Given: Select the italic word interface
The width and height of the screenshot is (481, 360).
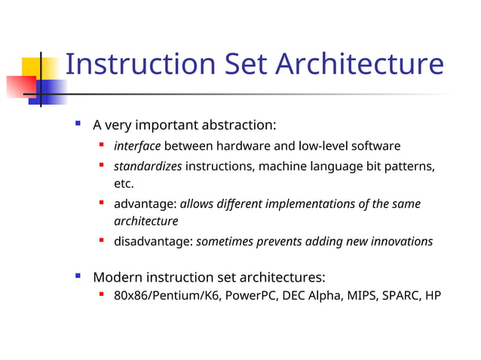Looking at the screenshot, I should coord(137,145).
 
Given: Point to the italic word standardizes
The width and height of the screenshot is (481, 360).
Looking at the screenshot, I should coord(148,166).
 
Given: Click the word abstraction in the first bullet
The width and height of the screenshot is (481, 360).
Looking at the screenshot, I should coord(239,124).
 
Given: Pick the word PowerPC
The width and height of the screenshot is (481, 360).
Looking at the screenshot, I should coord(252,295).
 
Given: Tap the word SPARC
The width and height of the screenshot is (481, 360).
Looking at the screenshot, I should coord(400,295).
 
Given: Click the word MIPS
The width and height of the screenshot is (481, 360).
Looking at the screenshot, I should coord(360,295).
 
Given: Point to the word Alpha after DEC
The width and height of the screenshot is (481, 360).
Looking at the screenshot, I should coord(325,295).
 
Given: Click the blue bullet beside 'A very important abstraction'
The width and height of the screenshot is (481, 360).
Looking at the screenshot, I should coord(78,122).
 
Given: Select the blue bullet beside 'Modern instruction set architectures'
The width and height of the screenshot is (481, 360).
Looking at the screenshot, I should coord(78,276).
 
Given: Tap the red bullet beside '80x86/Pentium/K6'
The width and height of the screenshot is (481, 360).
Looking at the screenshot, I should coord(100,294).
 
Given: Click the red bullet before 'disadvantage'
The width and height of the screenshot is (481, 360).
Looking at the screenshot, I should coord(100,241).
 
